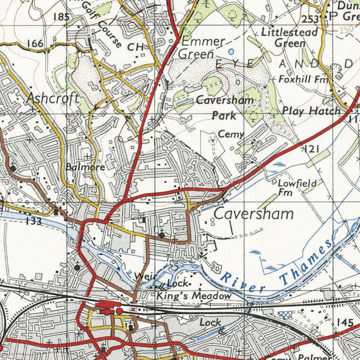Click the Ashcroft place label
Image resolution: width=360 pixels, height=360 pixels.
[53, 98]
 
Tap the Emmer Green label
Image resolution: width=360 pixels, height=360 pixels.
[202, 47]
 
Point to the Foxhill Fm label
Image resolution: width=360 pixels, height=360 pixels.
[303, 79]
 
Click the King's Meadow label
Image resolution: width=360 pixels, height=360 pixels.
[194, 296]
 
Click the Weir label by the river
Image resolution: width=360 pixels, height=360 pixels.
[141, 275]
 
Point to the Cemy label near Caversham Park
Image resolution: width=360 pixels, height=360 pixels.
[231, 134]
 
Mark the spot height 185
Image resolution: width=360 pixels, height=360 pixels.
[61, 17]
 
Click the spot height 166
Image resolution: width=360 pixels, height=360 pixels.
[35, 44]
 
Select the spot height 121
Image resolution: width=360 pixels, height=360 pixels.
[312, 149]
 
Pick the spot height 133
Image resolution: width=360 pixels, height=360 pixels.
[34, 221]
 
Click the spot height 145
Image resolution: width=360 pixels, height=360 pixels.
[345, 322]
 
